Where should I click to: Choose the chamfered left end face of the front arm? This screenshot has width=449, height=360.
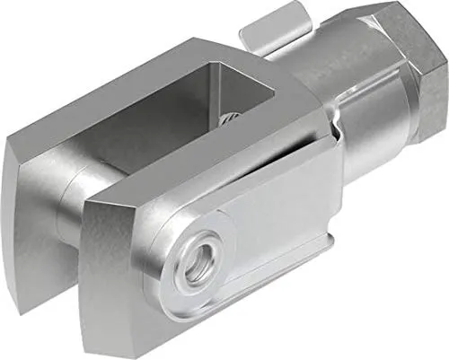112,269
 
